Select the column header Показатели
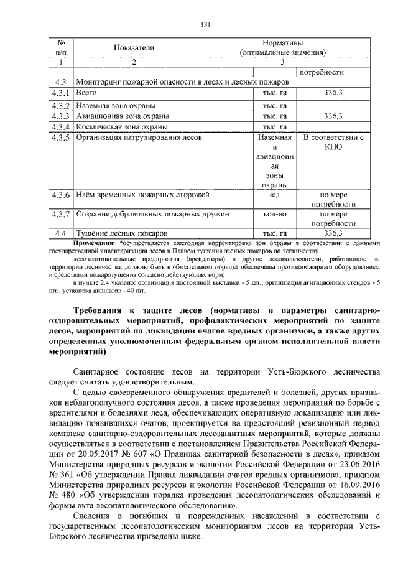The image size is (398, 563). [x=134, y=48]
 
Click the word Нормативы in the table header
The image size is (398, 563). [x=282, y=44]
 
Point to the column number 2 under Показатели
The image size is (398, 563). [x=134, y=62]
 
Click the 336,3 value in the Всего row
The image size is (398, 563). [x=333, y=93]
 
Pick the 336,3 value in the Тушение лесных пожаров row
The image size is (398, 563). [x=333, y=233]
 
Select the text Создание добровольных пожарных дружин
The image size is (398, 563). [x=152, y=215]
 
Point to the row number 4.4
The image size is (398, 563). [x=60, y=233]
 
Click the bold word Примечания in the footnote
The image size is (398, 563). [x=95, y=242]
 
